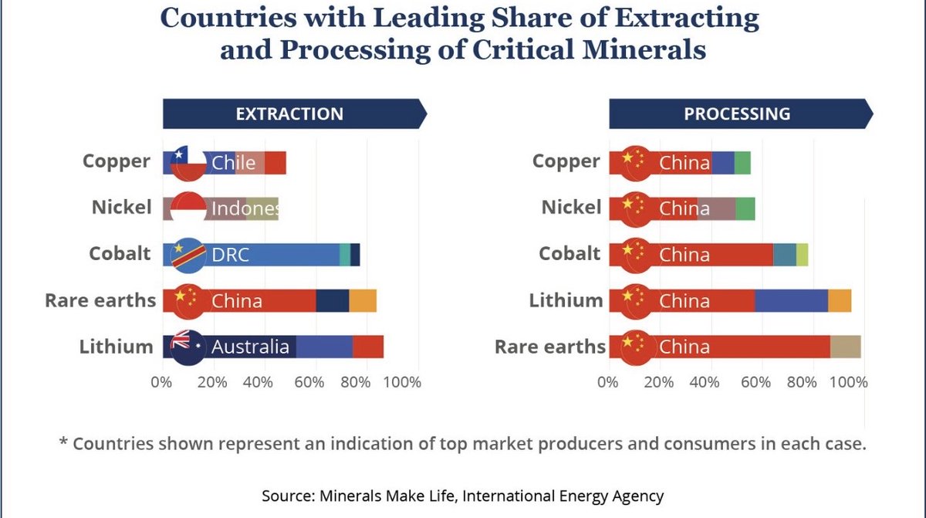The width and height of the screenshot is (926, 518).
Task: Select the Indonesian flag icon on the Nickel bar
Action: point(188,208)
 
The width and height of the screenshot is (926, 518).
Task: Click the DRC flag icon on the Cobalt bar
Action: point(188,255)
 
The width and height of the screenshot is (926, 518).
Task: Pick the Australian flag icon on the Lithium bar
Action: point(188,347)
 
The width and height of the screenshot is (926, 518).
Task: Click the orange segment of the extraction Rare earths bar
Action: point(363,300)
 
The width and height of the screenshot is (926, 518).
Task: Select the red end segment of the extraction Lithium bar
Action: point(368,347)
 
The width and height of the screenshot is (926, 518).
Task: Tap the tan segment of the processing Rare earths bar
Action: point(845,347)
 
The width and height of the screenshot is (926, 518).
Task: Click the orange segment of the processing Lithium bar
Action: point(840,300)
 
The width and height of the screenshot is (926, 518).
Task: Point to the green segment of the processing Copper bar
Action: point(742,163)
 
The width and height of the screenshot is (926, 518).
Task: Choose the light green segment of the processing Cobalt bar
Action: point(803,255)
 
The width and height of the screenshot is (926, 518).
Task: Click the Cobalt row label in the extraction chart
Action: point(120,254)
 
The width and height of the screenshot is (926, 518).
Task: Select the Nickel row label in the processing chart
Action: point(570,208)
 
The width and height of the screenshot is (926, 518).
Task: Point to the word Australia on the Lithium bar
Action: point(250,347)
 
